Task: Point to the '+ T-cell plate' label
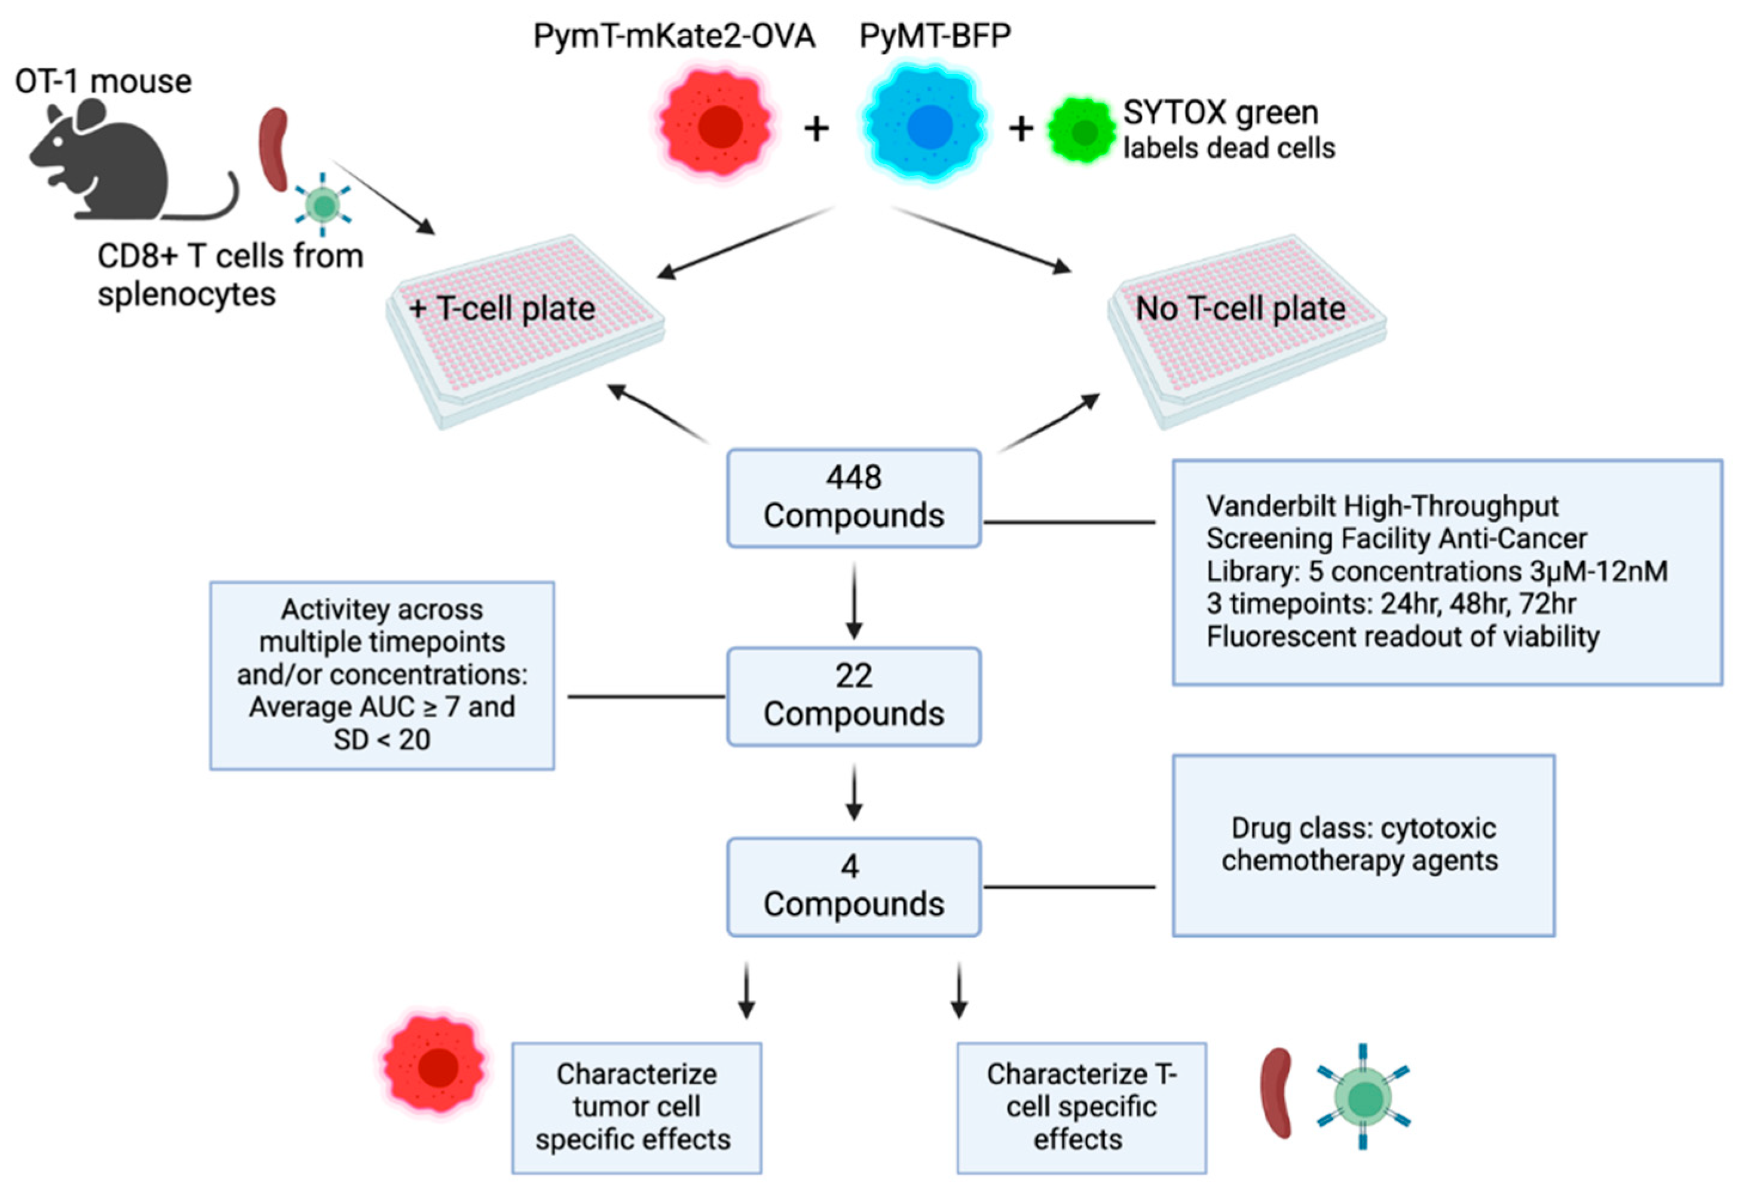coord(503,308)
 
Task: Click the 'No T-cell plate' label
coord(1240,308)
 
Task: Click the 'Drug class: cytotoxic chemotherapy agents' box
coord(1363,845)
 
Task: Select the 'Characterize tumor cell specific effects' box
coord(636,1107)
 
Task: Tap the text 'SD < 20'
coord(382,740)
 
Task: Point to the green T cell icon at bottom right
coord(1363,1098)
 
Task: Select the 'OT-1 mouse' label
coord(103,81)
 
